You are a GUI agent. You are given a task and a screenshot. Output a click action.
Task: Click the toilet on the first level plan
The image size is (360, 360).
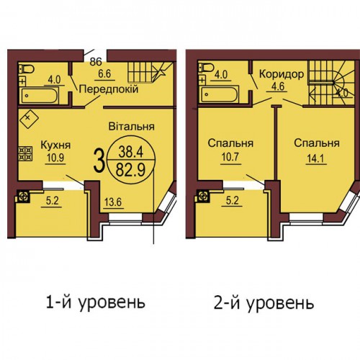pos(27,69)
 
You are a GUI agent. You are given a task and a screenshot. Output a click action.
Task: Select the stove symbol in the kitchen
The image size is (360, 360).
pos(26,153)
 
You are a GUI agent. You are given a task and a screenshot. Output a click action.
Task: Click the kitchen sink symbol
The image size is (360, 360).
pos(29,117)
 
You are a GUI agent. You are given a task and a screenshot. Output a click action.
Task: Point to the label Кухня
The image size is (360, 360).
pos(55,145)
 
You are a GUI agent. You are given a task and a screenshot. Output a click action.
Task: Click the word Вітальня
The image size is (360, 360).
pos(131,127)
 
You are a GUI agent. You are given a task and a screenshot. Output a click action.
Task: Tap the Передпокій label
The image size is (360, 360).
pos(109,89)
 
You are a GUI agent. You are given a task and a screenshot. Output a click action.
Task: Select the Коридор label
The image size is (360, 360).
pos(281,74)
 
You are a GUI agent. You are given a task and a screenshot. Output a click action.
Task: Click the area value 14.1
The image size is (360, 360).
pos(316,158)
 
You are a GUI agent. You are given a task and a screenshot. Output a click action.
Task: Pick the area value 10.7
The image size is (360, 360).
pos(230,157)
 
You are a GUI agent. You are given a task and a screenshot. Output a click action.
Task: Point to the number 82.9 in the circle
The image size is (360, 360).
pos(131,171)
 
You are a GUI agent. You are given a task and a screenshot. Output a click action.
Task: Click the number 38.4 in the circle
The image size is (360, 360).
pos(131,152)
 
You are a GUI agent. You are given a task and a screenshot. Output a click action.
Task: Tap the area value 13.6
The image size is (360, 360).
pos(114,202)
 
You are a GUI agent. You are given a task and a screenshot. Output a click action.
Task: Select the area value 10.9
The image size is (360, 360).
pos(55,158)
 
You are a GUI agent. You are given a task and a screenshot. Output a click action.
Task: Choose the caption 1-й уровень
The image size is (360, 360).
pos(96,302)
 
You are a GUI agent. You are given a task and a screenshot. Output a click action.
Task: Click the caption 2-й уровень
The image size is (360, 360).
pos(264,303)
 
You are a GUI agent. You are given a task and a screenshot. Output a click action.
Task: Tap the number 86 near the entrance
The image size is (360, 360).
pos(96,62)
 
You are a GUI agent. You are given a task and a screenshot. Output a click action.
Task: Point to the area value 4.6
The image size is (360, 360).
pos(279,86)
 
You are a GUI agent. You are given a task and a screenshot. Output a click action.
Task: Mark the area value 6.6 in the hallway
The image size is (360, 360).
pos(105,73)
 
